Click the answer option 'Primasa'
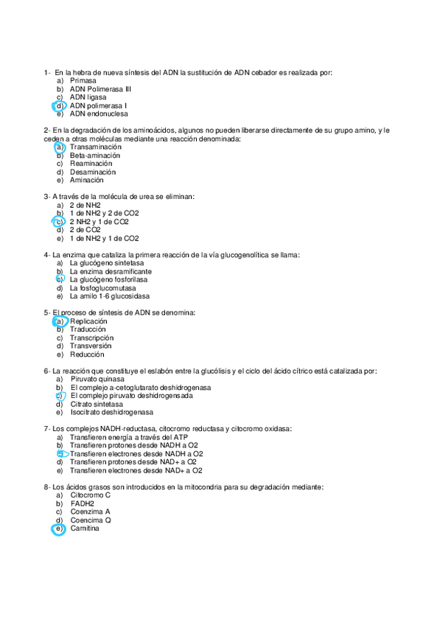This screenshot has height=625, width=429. [x=83, y=81]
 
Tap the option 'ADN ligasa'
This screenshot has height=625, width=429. [x=88, y=97]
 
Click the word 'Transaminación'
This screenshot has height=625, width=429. [x=96, y=147]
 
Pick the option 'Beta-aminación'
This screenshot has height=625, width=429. [x=95, y=156]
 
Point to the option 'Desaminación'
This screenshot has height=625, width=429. [x=92, y=172]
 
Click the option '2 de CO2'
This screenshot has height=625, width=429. [x=85, y=230]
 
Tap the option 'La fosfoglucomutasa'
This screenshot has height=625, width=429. [x=102, y=288]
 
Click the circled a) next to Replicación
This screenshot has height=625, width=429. [x=60, y=321]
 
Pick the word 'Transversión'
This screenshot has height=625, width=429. [x=91, y=346]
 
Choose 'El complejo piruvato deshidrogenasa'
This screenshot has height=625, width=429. [x=131, y=396]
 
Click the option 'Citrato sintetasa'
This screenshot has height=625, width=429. [x=97, y=404]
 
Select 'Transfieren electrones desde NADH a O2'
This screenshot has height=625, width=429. [x=136, y=454]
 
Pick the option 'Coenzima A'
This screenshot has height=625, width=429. [x=90, y=511]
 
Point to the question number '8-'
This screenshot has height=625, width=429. [x=47, y=487]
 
